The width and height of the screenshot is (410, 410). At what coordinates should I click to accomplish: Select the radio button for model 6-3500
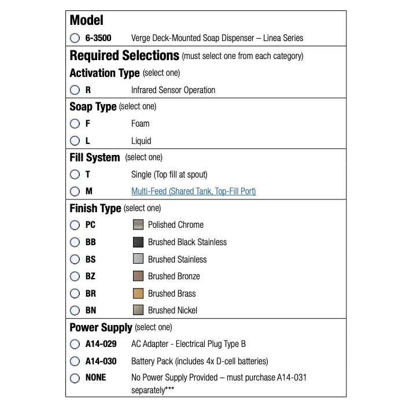[x=75, y=38]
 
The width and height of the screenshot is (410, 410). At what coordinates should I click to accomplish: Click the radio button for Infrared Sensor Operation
[x=75, y=90]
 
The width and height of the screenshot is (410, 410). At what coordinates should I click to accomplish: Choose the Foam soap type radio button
[x=75, y=124]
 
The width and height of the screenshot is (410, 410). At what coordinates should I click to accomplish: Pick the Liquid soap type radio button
[x=75, y=141]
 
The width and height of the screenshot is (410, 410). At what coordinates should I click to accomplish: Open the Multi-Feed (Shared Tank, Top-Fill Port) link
[x=193, y=191]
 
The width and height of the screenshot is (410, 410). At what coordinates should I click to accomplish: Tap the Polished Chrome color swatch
[x=138, y=225]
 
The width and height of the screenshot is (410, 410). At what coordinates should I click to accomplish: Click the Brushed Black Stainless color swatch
[x=138, y=242]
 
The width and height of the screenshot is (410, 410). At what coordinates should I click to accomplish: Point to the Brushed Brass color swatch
[x=138, y=293]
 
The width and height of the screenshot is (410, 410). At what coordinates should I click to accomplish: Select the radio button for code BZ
[x=75, y=276]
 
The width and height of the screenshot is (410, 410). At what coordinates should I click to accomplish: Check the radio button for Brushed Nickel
[x=75, y=311]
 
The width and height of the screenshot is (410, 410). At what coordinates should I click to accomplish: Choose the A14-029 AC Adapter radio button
[x=75, y=344]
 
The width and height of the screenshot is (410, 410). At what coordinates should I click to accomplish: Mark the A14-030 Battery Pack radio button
[x=75, y=361]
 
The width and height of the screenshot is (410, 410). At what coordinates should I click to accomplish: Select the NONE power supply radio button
[x=75, y=378]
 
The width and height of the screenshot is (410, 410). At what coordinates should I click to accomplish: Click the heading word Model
[x=87, y=20]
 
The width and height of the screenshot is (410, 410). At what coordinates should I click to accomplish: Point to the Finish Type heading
[x=95, y=208]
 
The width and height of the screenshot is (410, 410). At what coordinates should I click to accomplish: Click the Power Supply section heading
[x=101, y=328]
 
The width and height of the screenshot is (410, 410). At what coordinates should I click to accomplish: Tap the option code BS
[x=91, y=260]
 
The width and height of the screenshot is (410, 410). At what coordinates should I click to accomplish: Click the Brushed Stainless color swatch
[x=138, y=259]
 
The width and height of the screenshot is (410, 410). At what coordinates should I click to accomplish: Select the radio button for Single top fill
[x=75, y=175]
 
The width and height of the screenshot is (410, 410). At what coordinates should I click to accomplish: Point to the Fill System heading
[x=95, y=157]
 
